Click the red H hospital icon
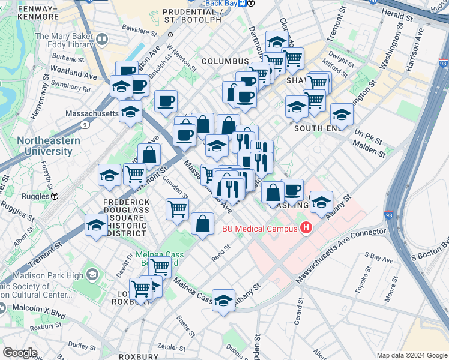[x=306, y=227]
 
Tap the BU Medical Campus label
[x=260, y=228]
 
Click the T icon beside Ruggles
[x=54, y=196]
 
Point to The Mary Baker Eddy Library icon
[x=101, y=40]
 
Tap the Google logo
[x=20, y=352]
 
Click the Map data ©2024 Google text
[x=411, y=355]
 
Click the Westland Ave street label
[x=73, y=77]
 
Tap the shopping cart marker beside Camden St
[x=178, y=209]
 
